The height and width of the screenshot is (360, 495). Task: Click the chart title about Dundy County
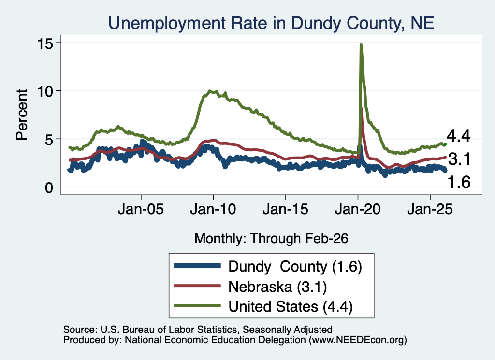pos(271,23)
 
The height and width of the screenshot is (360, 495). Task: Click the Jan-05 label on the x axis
pos(141,209)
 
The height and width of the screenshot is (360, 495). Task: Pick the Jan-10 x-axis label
pos(213,209)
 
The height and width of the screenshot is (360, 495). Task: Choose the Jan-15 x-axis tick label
pos(285,209)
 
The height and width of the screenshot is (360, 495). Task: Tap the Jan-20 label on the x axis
pos(358,209)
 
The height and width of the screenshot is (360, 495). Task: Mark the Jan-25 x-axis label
pos(430,209)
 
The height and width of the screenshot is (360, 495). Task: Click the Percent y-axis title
pos(22,115)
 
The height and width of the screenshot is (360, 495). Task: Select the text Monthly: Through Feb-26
pos(271,238)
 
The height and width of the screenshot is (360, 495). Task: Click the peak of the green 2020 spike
pos(361,45)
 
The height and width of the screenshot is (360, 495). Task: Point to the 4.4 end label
pos(458,136)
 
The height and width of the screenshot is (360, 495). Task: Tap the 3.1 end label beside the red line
pos(459,159)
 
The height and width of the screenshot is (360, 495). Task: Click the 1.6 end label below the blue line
pos(459,182)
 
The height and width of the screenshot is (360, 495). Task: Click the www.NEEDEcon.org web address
pos(358,340)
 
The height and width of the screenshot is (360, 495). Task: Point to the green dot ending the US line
pos(445,144)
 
